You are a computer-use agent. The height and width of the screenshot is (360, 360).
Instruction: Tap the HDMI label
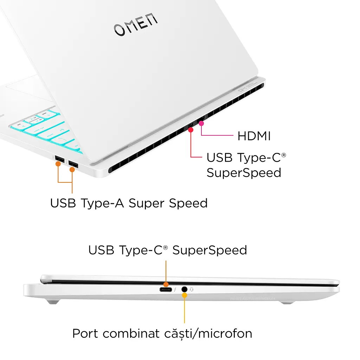[x=254, y=136]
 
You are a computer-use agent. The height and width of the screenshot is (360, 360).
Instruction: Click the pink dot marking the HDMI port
[x=201, y=123]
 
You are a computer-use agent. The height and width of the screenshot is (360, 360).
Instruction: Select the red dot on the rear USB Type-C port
[x=191, y=130]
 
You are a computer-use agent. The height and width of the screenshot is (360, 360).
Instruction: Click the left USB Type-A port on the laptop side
[x=60, y=159]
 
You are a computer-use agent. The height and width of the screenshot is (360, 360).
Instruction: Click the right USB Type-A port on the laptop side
[x=73, y=165]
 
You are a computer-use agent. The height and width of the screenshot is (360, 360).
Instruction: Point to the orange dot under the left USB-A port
[x=58, y=164]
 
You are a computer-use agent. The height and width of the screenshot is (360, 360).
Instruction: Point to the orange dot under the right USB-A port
[x=72, y=170]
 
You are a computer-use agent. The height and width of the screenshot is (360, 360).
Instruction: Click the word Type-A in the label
[x=102, y=204]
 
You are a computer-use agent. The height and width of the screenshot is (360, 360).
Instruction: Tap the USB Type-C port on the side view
[x=166, y=290]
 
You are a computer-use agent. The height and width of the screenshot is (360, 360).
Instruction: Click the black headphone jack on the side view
[x=184, y=289]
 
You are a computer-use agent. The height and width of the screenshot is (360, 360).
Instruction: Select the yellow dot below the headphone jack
[x=184, y=295]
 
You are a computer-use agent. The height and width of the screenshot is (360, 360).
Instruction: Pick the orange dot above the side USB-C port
[x=166, y=284]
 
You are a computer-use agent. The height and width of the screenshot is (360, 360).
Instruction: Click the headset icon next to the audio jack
[x=192, y=290]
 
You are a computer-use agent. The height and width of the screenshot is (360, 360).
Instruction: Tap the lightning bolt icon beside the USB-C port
[x=175, y=290]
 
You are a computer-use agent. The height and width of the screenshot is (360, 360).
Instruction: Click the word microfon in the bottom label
[x=225, y=334]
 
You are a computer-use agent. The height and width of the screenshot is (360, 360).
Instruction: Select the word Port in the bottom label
[x=85, y=334]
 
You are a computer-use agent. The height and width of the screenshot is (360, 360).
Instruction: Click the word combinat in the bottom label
[x=131, y=334]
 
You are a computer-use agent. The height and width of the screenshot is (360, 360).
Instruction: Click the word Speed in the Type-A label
[x=188, y=204]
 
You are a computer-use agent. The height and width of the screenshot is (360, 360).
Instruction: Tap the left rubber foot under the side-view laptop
[x=53, y=301]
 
